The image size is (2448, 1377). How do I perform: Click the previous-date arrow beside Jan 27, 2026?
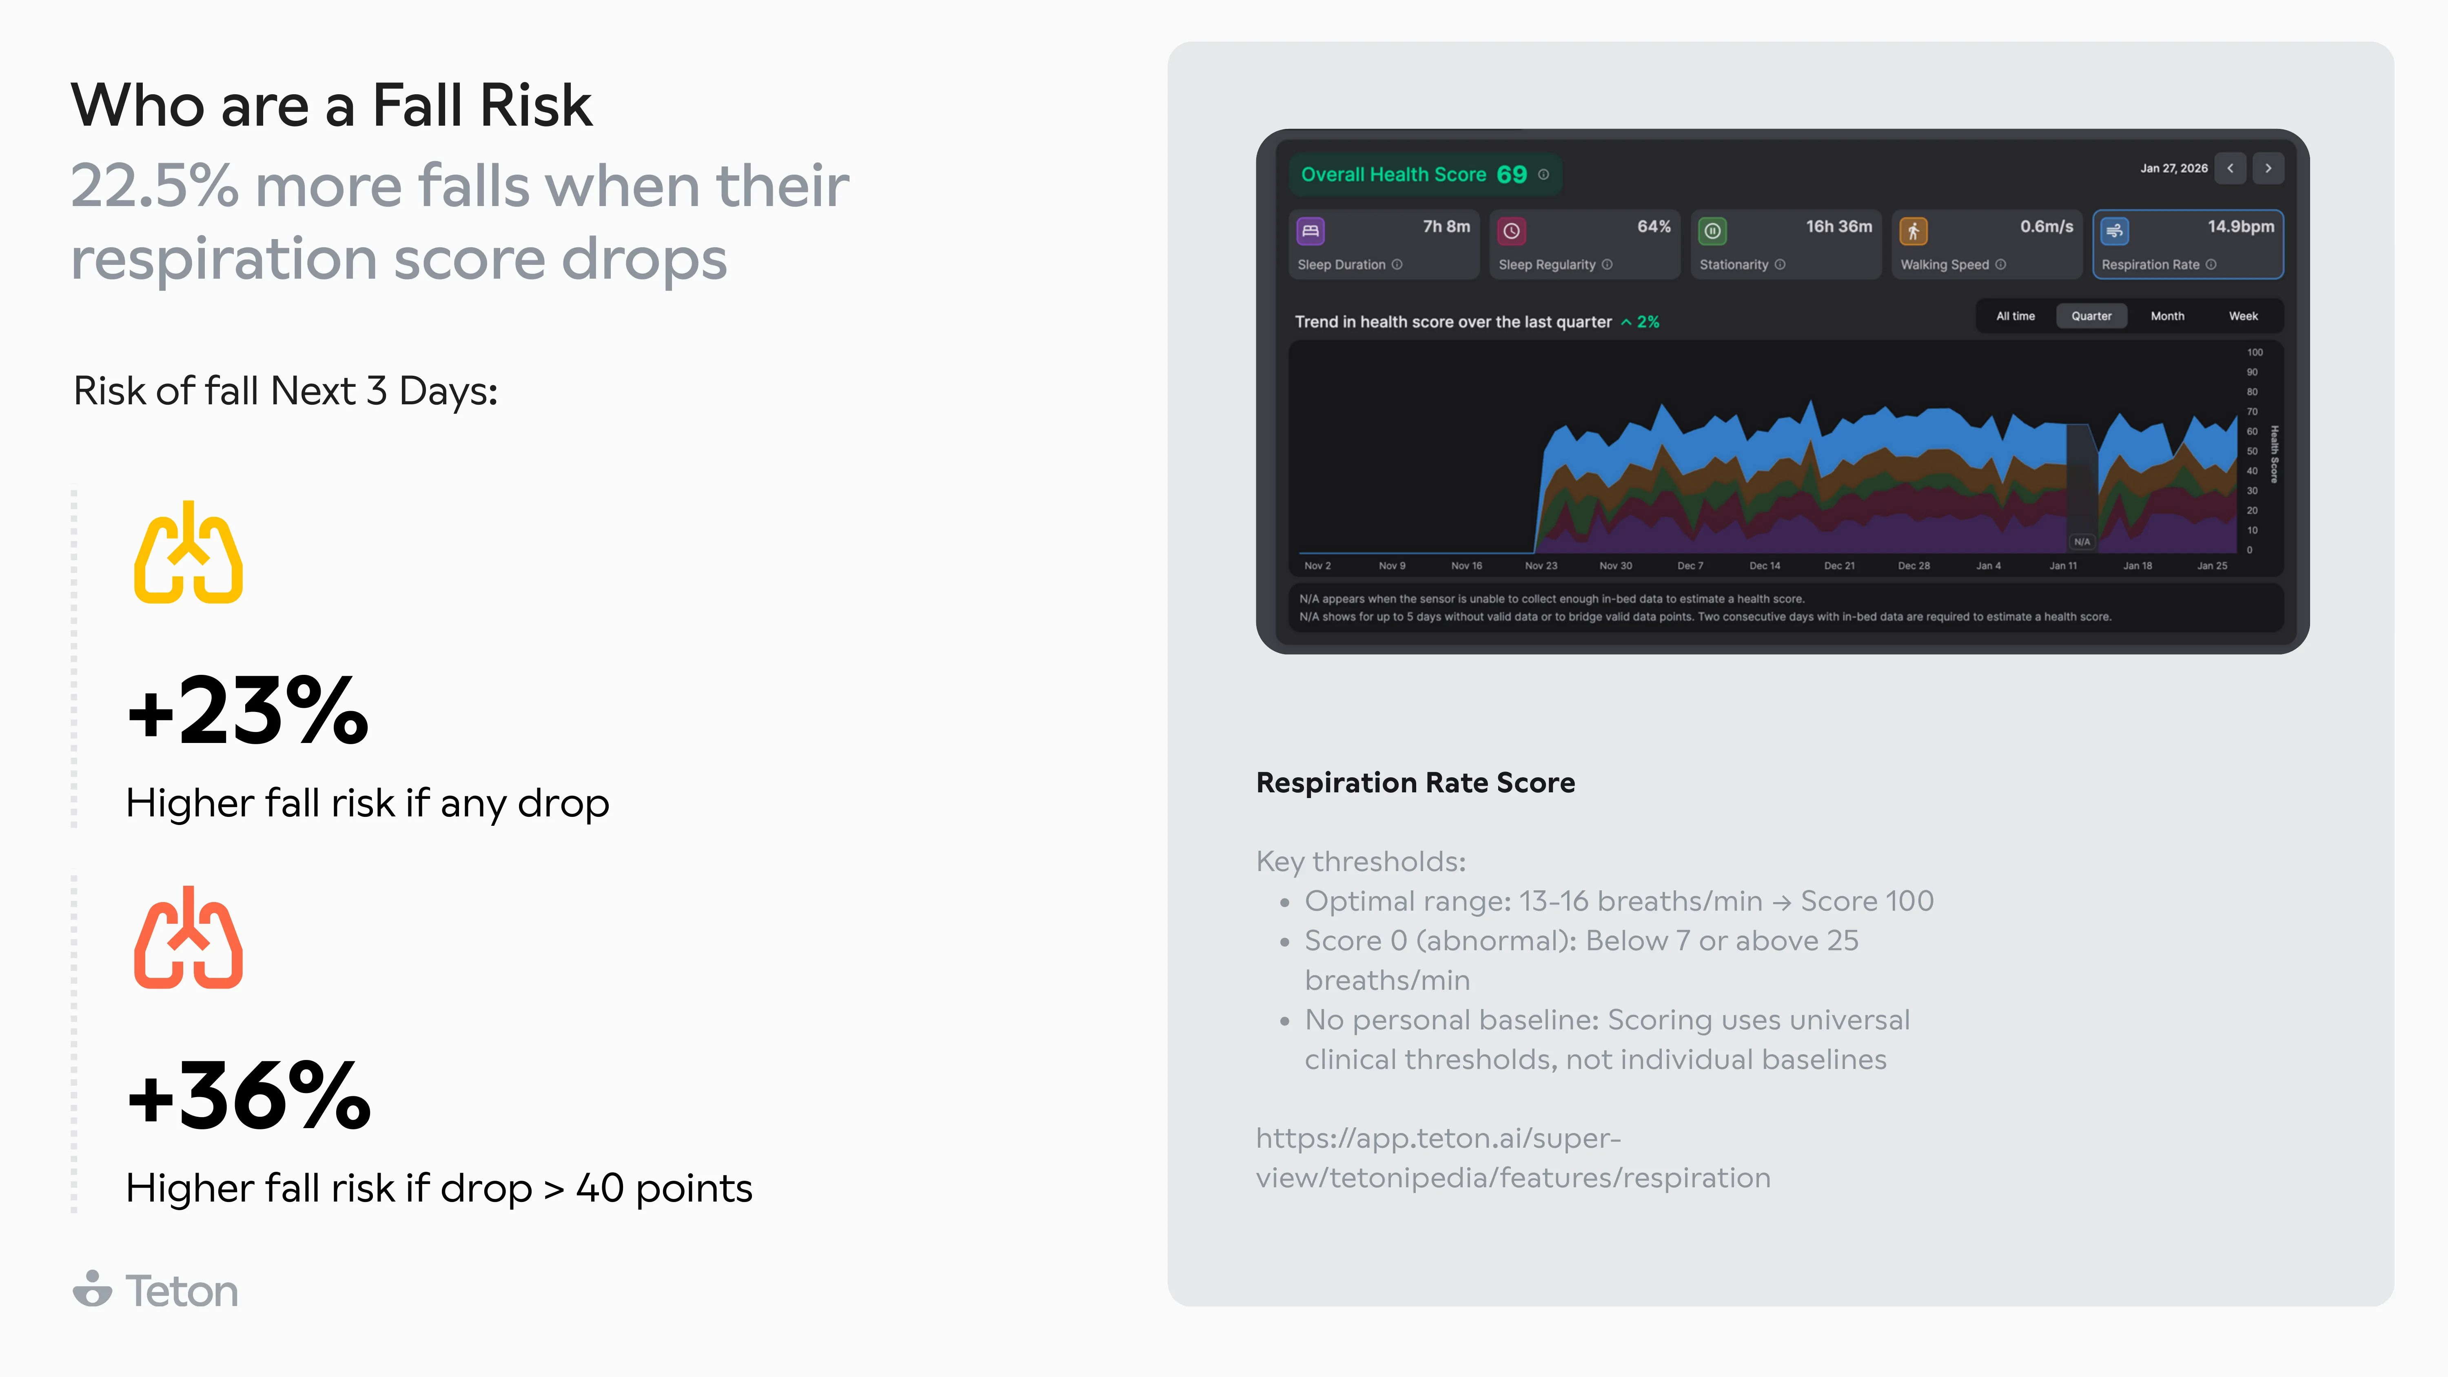[x=2229, y=168]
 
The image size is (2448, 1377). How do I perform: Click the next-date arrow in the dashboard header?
[x=2267, y=168]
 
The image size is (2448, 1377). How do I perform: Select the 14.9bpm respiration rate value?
[x=2240, y=226]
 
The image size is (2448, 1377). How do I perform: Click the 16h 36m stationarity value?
[x=1838, y=226]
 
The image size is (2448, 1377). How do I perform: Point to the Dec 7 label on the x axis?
[x=1690, y=565]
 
